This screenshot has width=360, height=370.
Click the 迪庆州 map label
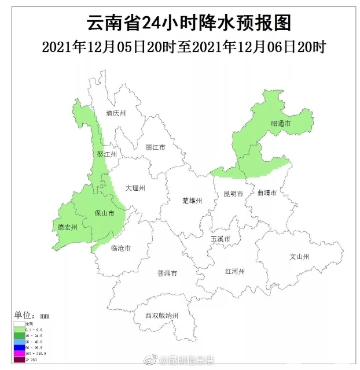(x=116, y=114)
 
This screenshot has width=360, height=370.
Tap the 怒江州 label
(x=107, y=155)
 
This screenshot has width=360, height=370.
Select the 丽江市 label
(x=155, y=147)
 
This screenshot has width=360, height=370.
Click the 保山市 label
(x=104, y=213)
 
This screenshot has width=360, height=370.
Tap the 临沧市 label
(x=120, y=248)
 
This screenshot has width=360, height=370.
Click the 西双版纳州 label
(x=162, y=316)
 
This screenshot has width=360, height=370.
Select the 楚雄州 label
(x=192, y=201)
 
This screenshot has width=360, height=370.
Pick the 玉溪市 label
(x=221, y=239)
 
